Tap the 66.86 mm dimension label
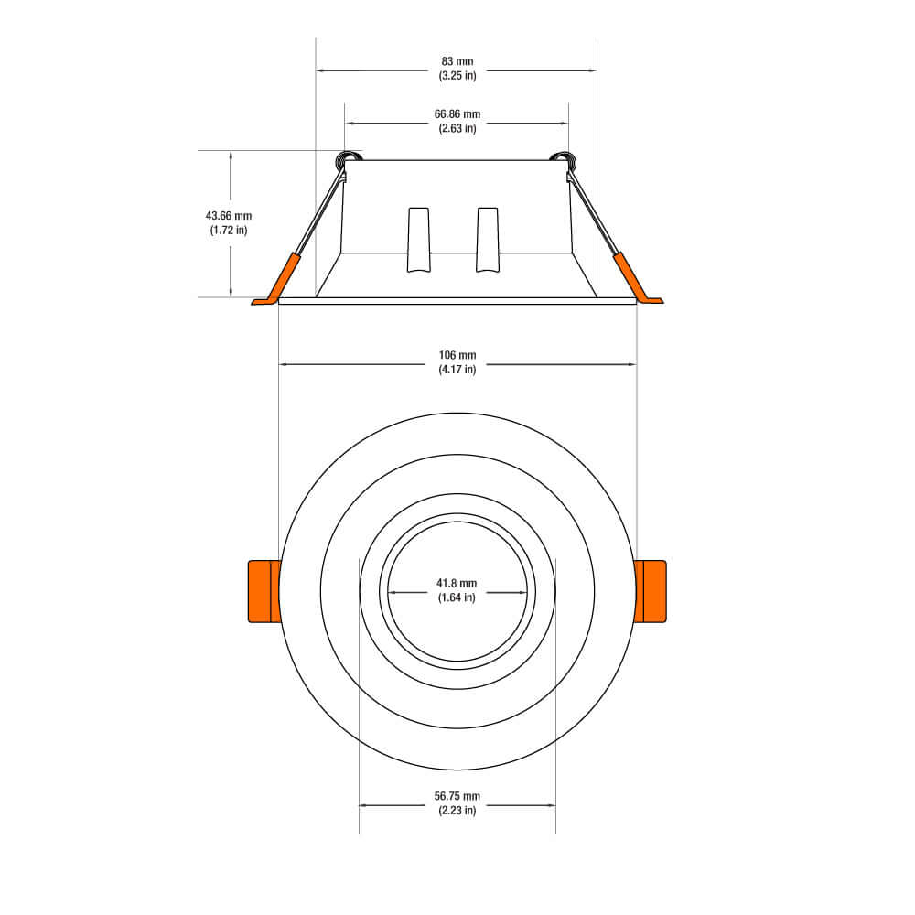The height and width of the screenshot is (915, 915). point(457,114)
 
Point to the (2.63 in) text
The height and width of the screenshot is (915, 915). point(457,128)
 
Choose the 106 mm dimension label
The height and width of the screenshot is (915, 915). point(457,355)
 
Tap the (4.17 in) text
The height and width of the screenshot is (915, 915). point(457,369)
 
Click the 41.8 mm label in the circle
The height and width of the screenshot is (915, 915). point(457,584)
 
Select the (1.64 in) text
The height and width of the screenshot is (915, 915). point(457,597)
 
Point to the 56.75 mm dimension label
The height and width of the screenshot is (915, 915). point(457,796)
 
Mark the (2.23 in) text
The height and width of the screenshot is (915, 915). point(457,810)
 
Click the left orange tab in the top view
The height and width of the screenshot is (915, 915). point(264,592)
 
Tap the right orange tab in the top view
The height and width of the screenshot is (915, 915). point(651,592)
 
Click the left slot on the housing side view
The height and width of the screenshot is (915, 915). point(418,240)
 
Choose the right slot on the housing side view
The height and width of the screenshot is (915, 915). point(488,240)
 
